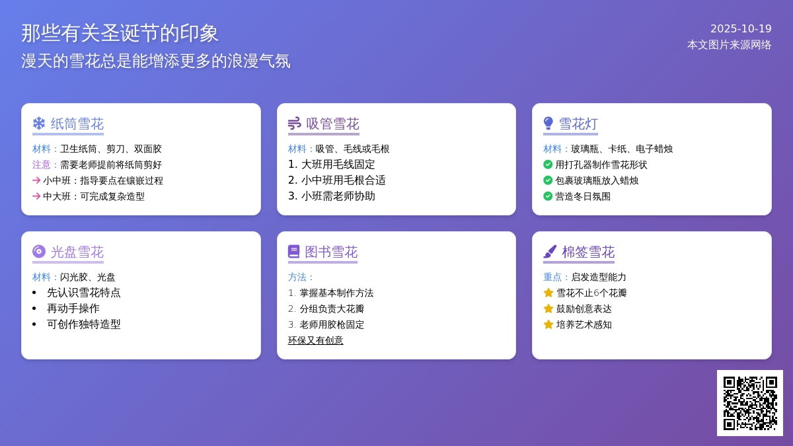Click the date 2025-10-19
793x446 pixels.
click(x=741, y=28)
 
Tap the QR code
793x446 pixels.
click(x=750, y=403)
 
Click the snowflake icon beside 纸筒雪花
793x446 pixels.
click(x=39, y=124)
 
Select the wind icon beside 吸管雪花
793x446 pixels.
click(x=295, y=124)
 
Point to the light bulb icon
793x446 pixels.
click(x=548, y=124)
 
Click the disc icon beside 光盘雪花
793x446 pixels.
click(x=39, y=252)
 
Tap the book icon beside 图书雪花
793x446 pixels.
click(x=294, y=252)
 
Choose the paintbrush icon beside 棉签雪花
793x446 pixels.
click(x=550, y=252)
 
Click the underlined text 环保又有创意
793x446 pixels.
click(x=315, y=340)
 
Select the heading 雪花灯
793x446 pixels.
click(x=578, y=124)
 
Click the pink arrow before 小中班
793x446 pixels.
click(x=36, y=180)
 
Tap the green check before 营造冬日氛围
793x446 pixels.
click(x=548, y=196)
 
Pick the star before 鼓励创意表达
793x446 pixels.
click(x=548, y=309)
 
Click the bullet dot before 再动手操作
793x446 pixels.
click(x=34, y=309)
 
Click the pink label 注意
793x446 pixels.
click(x=42, y=165)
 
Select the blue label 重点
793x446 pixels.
click(x=552, y=277)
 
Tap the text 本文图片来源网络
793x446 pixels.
click(x=730, y=45)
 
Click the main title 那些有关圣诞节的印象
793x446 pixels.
click(x=120, y=34)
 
